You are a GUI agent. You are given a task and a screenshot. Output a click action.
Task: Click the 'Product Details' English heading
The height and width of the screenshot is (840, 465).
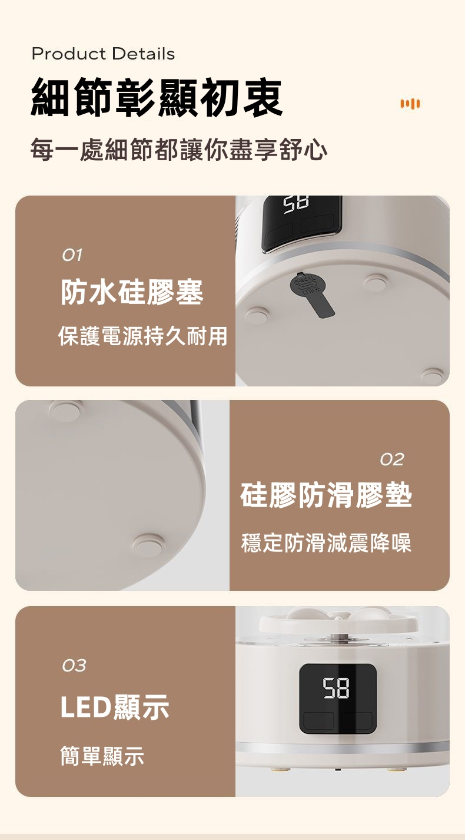104,54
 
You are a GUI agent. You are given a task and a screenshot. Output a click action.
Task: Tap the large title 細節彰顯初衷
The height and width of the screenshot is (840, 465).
156,98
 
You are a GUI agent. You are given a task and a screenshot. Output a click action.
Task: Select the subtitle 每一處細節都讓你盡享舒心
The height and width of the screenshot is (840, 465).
179,150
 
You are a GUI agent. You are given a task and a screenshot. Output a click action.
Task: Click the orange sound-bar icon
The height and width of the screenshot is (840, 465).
410,103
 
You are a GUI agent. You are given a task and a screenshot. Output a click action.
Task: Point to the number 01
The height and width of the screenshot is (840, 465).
72,256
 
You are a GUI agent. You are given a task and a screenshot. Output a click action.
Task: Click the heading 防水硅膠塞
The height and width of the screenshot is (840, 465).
132,292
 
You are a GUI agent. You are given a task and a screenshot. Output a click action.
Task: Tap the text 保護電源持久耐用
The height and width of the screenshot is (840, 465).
143,336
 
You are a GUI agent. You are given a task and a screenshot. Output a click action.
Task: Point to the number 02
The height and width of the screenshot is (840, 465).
392,459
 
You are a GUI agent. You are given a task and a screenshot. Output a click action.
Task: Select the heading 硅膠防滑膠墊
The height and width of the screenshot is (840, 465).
326,495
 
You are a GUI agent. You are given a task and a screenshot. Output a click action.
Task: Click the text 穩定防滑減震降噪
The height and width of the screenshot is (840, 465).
326,543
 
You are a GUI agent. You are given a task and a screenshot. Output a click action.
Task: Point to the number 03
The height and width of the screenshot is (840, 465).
74,666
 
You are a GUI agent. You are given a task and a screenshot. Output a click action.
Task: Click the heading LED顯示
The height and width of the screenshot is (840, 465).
115,706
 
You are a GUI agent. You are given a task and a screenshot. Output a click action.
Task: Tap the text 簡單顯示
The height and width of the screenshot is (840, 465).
102,755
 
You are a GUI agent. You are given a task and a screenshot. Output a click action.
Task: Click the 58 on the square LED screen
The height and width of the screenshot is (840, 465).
336,689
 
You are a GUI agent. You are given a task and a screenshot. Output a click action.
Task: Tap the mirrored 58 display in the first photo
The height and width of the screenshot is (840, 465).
295,206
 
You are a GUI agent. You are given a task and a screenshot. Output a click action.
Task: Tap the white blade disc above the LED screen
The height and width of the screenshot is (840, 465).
338,623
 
